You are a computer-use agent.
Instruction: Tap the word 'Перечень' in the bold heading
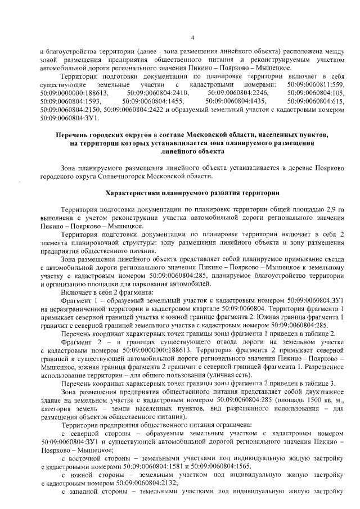[x=75, y=135]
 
